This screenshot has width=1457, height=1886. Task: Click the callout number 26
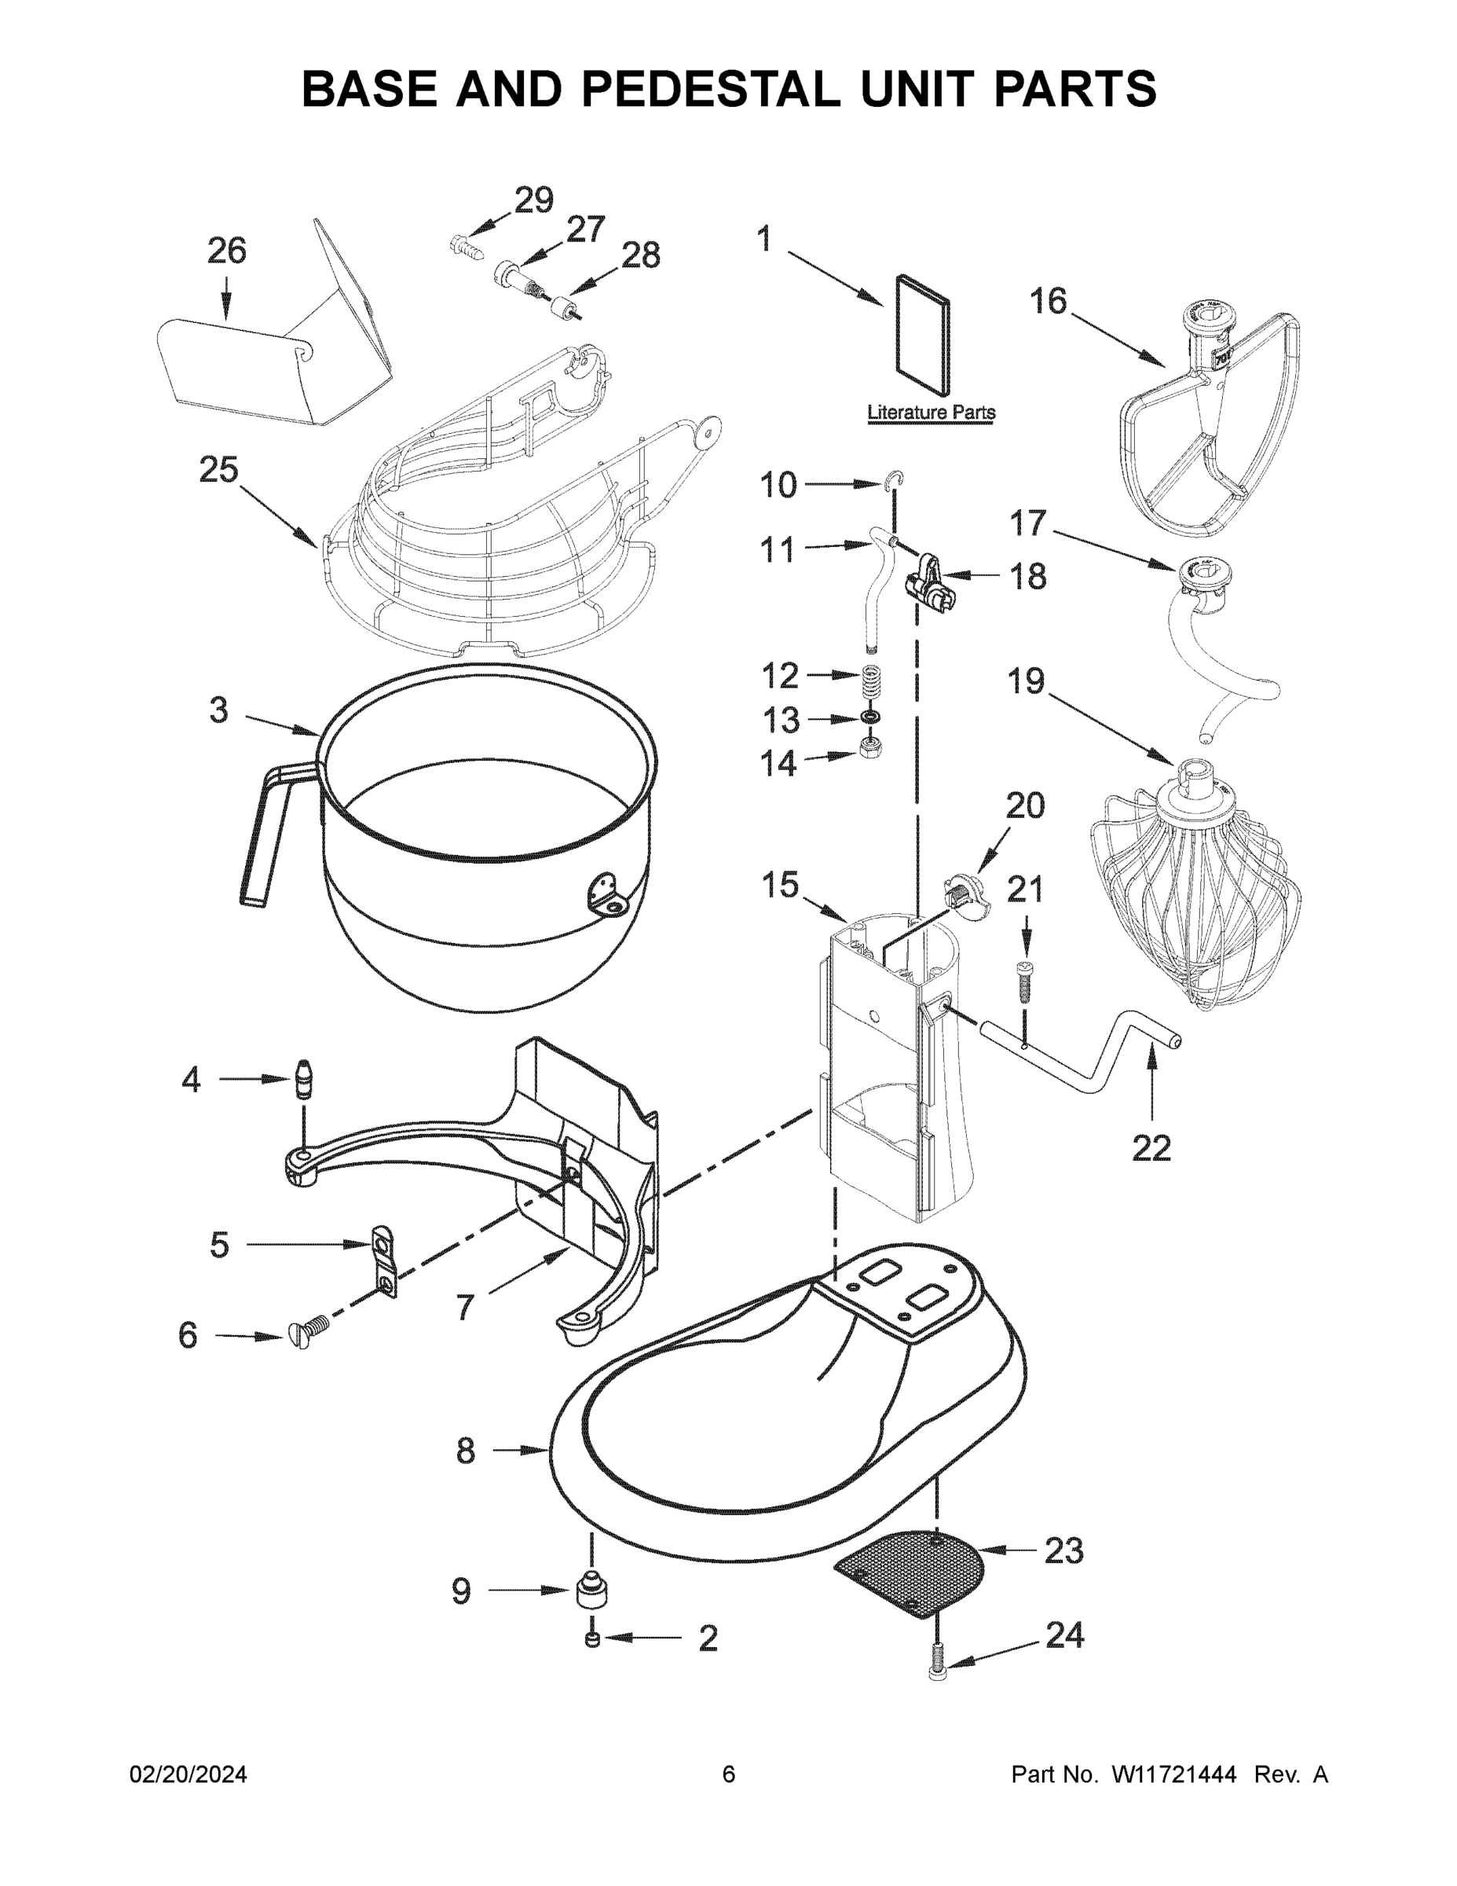point(226,251)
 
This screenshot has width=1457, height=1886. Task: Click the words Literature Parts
point(931,413)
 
